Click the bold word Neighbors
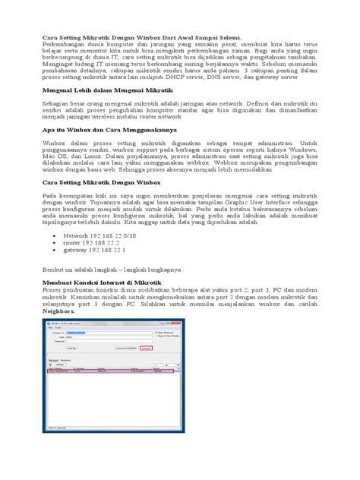pos(62,311)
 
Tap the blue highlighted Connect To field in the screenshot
pos(84,332)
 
